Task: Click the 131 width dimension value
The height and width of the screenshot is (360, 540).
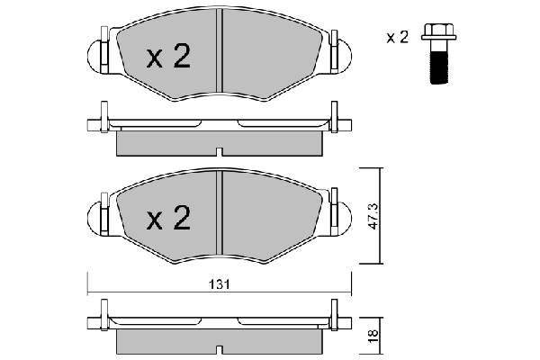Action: click(220, 284)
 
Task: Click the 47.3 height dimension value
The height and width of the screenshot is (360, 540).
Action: click(373, 216)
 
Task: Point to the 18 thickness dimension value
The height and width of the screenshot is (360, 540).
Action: click(373, 336)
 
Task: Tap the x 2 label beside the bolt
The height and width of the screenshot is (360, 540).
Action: click(398, 37)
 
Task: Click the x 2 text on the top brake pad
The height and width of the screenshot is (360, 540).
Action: click(168, 57)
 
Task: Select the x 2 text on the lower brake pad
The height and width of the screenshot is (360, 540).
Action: click(168, 218)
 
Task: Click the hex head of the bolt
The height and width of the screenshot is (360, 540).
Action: click(439, 31)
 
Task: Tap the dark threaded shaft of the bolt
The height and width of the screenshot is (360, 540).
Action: click(440, 67)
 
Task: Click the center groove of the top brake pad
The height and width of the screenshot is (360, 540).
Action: click(220, 50)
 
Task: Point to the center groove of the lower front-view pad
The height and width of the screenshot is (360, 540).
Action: click(220, 213)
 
